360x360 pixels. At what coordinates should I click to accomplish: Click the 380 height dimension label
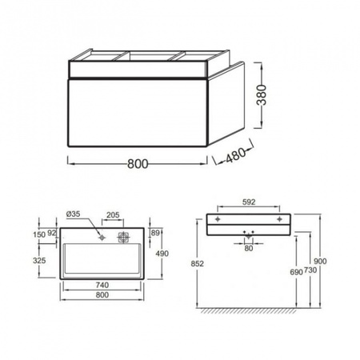pos(262,95)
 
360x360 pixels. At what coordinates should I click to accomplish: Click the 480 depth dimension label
pos(235,155)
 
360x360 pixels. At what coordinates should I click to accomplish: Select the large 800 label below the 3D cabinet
pos(138,164)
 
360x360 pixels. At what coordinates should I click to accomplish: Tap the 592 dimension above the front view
pos(249,202)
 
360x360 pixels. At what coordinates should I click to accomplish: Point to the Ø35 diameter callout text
pos(73,214)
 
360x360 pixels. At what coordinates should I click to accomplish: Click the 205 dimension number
pos(113,215)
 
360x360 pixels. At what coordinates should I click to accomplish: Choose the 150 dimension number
pos(39,234)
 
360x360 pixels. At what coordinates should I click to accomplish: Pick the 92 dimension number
pos(52,233)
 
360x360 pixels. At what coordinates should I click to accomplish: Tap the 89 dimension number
pos(155,233)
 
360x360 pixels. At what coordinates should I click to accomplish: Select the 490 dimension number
pos(162,254)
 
